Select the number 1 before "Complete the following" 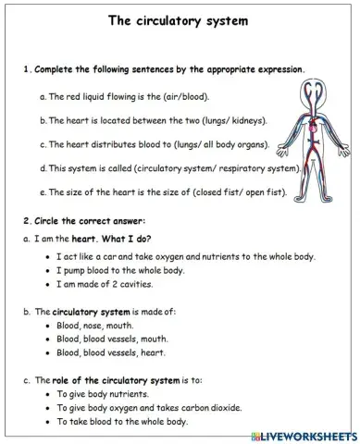(26, 69)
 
